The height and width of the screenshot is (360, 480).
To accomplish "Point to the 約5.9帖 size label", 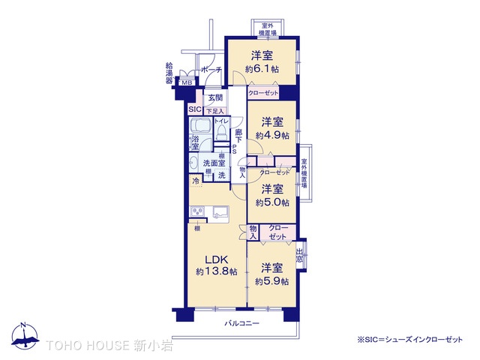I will pyautogui.click(x=268, y=281).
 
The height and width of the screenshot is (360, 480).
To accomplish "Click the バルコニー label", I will pyautogui.click(x=242, y=323).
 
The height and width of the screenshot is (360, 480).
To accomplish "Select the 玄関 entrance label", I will pyautogui.click(x=215, y=97).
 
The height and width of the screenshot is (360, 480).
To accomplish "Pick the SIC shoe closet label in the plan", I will pyautogui.click(x=195, y=109).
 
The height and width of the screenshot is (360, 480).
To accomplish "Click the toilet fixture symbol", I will pyautogui.click(x=220, y=133).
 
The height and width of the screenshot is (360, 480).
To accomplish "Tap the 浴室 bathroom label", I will pyautogui.click(x=195, y=143).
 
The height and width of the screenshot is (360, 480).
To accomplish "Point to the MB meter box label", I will pyautogui.click(x=187, y=82).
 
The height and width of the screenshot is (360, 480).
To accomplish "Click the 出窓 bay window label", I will pyautogui.click(x=300, y=256).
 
